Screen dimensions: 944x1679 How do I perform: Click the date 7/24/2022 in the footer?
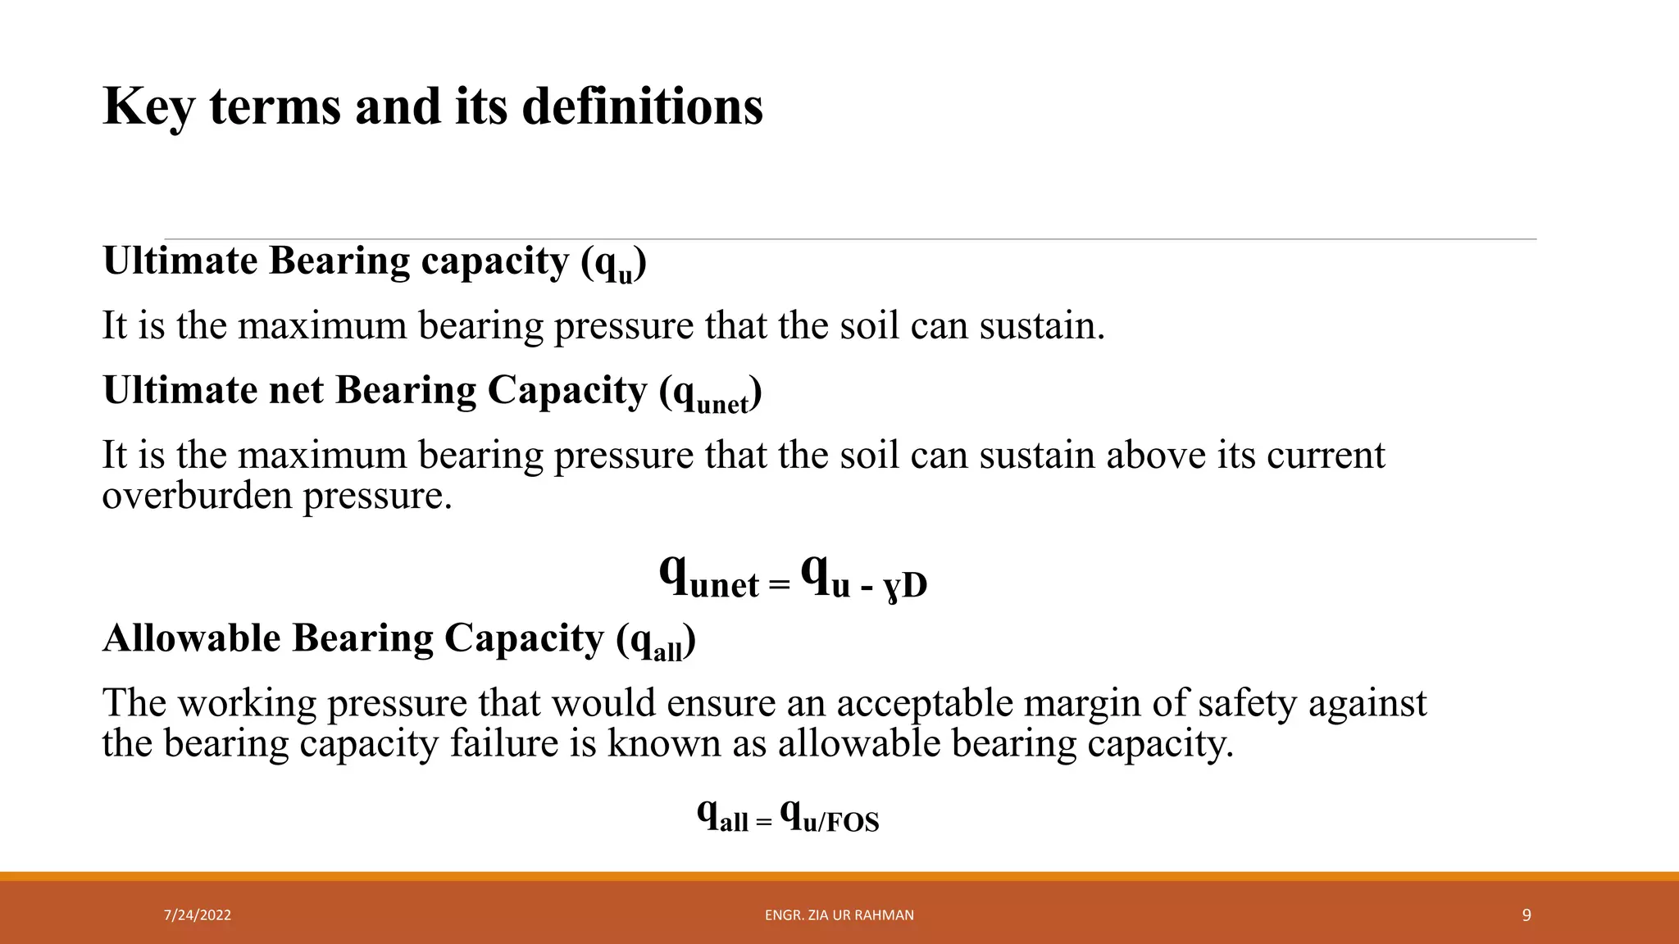coord(197,915)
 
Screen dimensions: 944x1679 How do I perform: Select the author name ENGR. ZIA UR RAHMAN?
coord(839,915)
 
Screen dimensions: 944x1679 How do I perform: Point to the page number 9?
coord(1526,915)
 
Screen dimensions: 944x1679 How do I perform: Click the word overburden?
coord(196,496)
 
